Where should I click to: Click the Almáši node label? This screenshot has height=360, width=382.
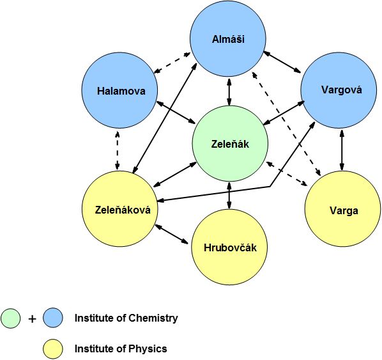(228, 39)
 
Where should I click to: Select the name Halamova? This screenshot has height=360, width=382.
(121, 91)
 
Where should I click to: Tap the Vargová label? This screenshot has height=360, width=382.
(341, 90)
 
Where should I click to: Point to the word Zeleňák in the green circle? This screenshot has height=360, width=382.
(230, 144)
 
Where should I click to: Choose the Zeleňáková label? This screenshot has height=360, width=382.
(123, 210)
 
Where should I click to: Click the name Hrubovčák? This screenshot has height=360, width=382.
(230, 247)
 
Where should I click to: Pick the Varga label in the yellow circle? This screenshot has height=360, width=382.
(344, 211)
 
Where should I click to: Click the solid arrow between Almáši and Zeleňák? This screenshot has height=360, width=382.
(229, 91)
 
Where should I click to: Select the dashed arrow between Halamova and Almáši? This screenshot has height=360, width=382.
(172, 63)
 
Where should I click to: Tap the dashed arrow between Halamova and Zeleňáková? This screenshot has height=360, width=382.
(118, 150)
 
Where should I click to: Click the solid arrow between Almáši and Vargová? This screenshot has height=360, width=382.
(282, 62)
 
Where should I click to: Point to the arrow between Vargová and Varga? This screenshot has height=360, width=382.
(342, 150)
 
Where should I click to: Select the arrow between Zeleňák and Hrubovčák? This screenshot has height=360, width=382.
(229, 196)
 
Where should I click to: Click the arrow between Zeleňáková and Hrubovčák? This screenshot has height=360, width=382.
(172, 234)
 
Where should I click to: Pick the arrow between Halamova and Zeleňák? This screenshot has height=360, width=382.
(176, 111)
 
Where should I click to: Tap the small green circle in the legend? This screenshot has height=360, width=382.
(10, 318)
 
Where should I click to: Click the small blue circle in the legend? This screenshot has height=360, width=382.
(53, 318)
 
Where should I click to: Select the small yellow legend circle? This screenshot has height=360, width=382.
(53, 348)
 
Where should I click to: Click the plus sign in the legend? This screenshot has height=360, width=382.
(32, 319)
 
